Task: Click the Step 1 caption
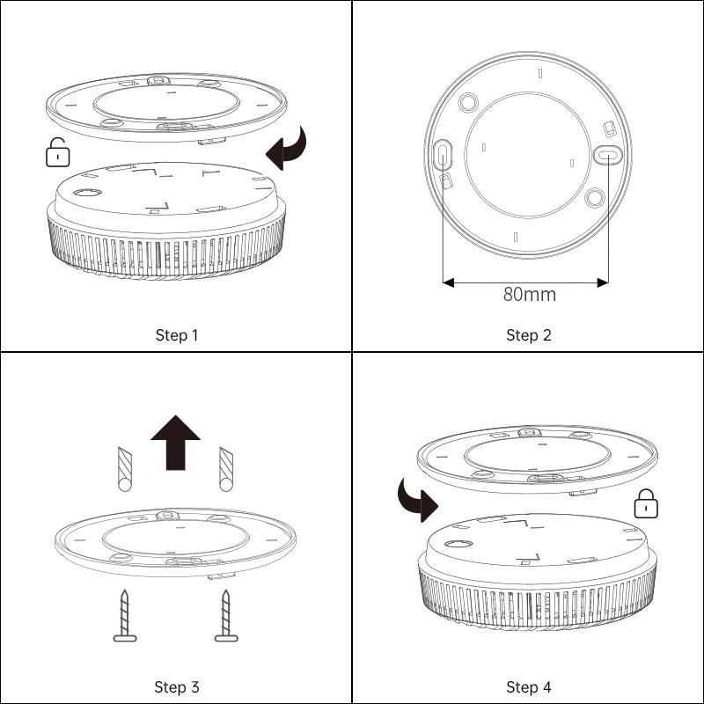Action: point(177,335)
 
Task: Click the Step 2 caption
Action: point(529,335)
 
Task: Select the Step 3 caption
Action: point(177,687)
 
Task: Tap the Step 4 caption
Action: point(529,687)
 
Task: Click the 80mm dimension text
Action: point(529,295)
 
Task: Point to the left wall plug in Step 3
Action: point(124,469)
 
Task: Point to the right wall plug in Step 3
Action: point(226,469)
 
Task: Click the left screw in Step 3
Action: point(125,616)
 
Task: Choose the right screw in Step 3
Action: point(226,616)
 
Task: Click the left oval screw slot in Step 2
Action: point(443,154)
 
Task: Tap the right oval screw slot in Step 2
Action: point(607,155)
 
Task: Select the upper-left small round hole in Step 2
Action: point(468,103)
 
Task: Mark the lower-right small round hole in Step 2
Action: point(595,197)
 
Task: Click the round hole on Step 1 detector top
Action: point(87,192)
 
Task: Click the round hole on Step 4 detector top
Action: point(458,544)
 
